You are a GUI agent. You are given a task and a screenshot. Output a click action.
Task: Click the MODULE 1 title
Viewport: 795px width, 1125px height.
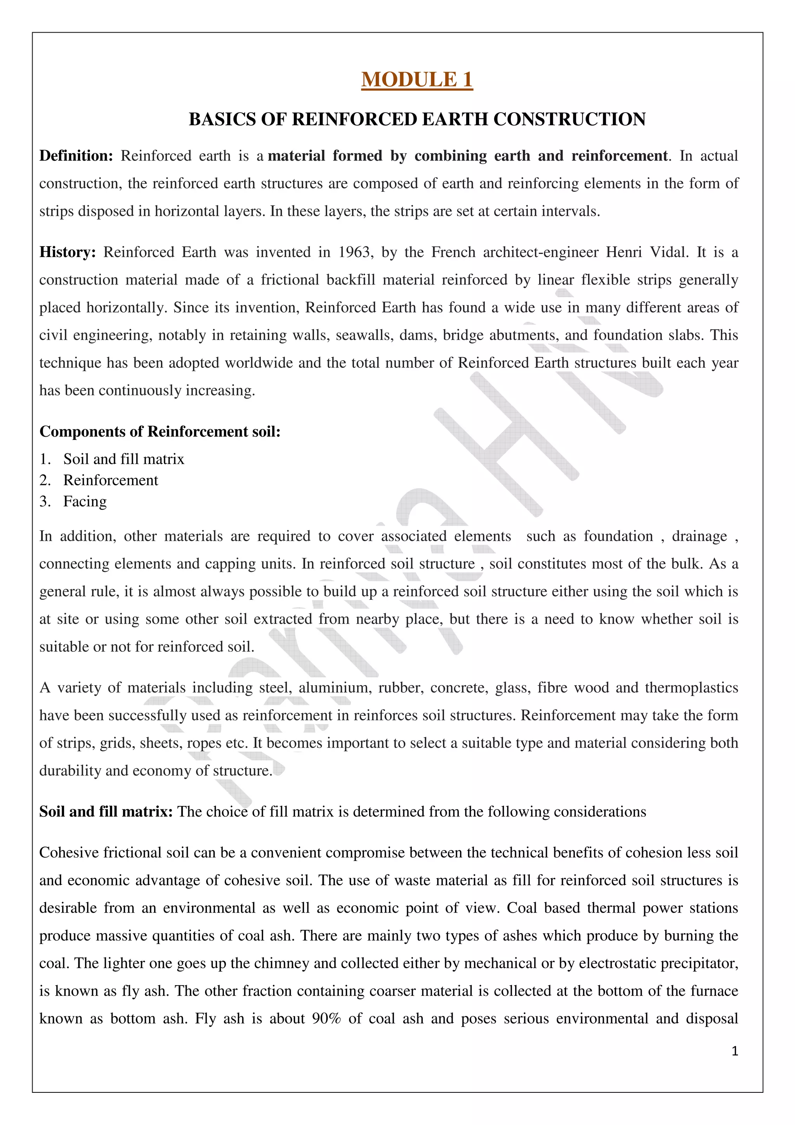point(417,79)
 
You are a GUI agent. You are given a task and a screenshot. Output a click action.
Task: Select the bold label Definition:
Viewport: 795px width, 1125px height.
point(76,156)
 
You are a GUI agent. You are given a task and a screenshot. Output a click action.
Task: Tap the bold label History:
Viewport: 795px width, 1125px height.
point(68,252)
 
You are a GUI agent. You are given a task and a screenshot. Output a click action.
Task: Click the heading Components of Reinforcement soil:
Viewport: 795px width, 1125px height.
point(160,431)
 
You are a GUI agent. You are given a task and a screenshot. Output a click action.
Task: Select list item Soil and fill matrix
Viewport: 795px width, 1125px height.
point(123,459)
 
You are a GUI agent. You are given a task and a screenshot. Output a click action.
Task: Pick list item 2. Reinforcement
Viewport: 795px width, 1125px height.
point(110,480)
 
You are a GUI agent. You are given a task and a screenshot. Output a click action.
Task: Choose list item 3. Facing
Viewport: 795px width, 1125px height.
point(85,501)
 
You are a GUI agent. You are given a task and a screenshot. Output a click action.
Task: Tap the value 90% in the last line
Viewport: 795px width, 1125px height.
point(326,1019)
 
